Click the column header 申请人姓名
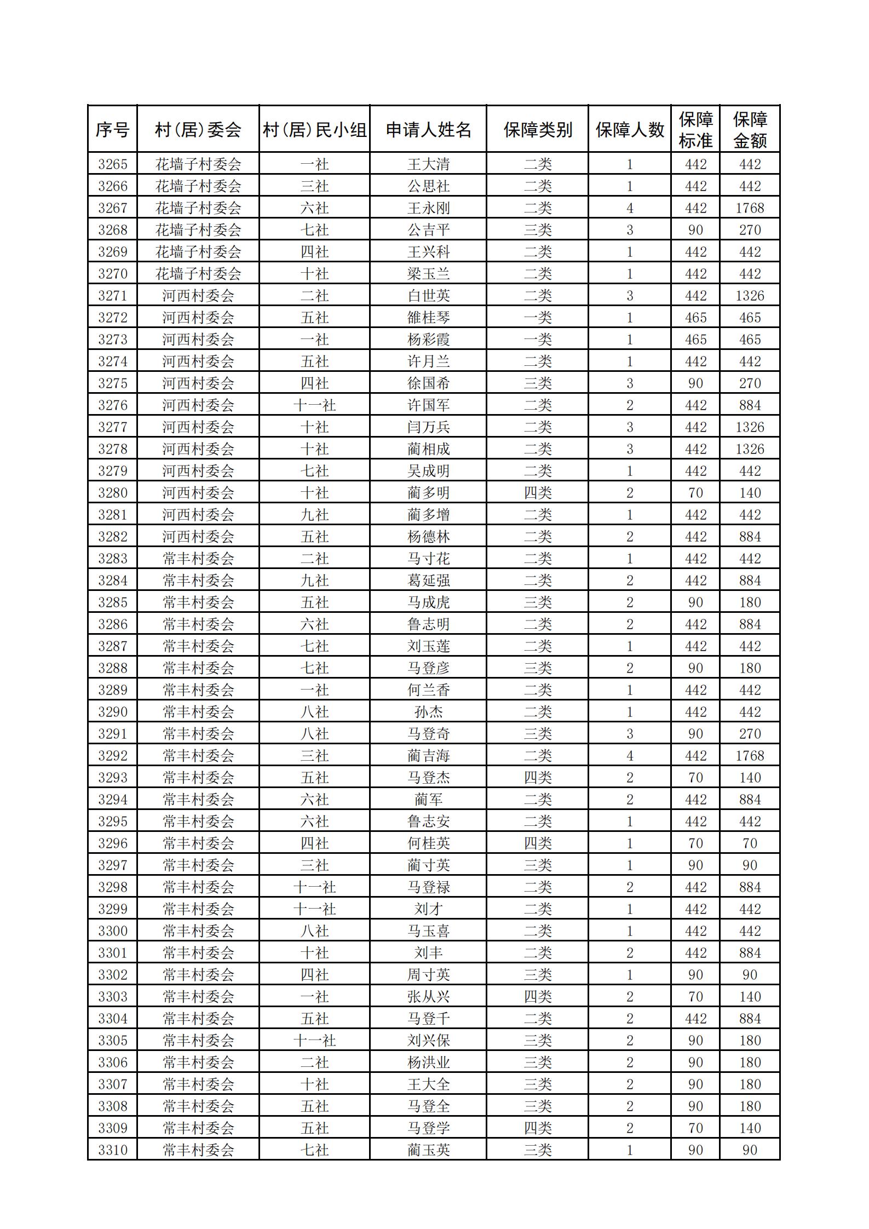pyautogui.click(x=428, y=130)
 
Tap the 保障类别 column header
pyautogui.click(x=537, y=130)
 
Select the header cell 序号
pyautogui.click(x=112, y=130)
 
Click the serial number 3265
pyautogui.click(x=112, y=164)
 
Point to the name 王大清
pyautogui.click(x=428, y=164)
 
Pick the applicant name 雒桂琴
pyautogui.click(x=428, y=318)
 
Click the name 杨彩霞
pyautogui.click(x=428, y=340)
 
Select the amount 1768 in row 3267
pyautogui.click(x=750, y=208)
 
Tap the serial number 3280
pyautogui.click(x=112, y=493)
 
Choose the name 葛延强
pyautogui.click(x=428, y=581)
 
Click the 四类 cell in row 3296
pyautogui.click(x=537, y=843)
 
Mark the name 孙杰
pyautogui.click(x=428, y=712)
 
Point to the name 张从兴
pyautogui.click(x=428, y=997)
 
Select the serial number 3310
pyautogui.click(x=112, y=1150)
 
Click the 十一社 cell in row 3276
pyautogui.click(x=314, y=405)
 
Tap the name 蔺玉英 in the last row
pyautogui.click(x=428, y=1150)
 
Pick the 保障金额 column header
pyautogui.click(x=750, y=130)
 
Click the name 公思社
pyautogui.click(x=428, y=186)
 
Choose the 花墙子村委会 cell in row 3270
pyautogui.click(x=198, y=274)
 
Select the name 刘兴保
pyautogui.click(x=428, y=1041)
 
